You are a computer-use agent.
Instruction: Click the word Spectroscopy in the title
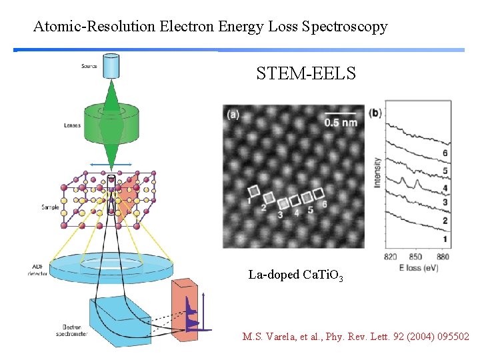click(x=345, y=27)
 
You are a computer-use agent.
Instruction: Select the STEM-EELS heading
click(x=306, y=74)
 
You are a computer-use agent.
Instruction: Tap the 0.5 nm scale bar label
click(x=341, y=122)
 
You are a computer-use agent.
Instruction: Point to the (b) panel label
click(x=375, y=113)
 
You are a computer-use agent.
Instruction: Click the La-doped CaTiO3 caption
click(x=295, y=275)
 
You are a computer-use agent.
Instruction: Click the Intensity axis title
click(x=378, y=172)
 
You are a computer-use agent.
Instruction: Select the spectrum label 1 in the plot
click(x=445, y=239)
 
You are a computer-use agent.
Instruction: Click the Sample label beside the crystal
click(x=69, y=207)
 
